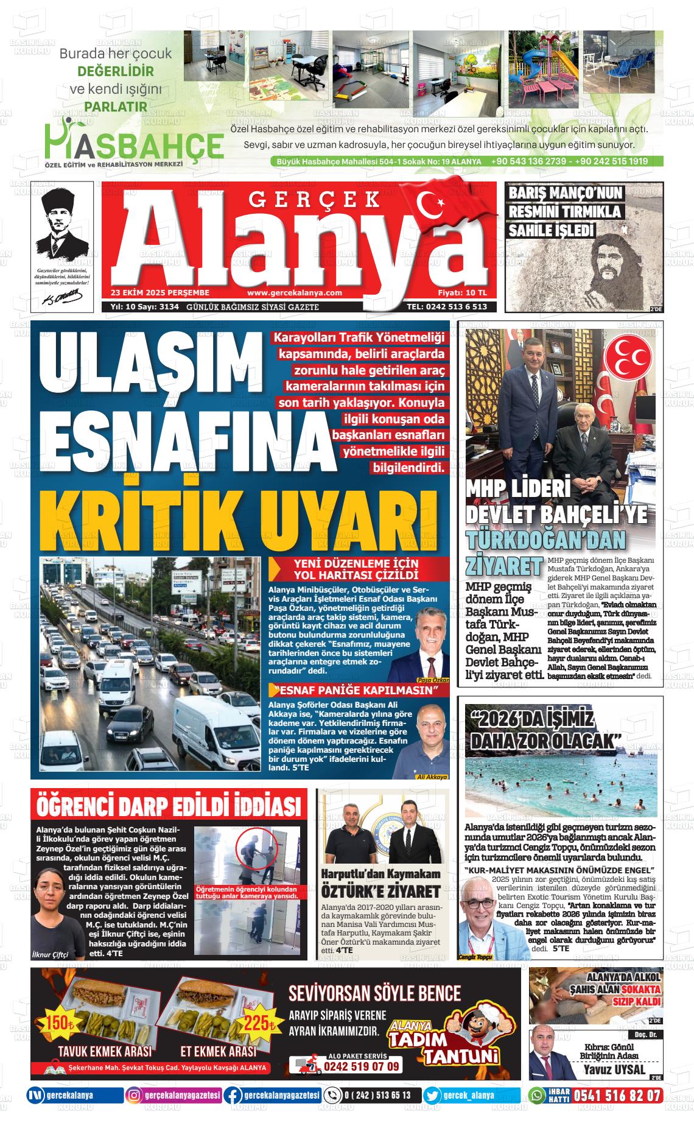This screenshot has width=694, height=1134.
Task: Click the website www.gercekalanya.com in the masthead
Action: pos(295,292)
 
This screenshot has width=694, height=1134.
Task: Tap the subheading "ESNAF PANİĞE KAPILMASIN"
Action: pos(357,691)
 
